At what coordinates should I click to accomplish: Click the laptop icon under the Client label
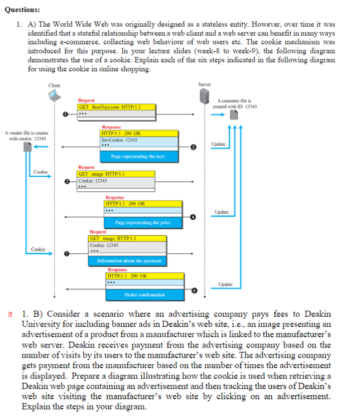54,96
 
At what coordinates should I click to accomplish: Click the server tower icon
204,96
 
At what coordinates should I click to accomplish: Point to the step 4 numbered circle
193,216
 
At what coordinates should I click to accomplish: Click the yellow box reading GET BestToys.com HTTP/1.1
116,107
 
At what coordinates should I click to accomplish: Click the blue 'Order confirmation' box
145,294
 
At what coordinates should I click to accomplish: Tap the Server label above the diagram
204,84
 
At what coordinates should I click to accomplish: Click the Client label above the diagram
54,85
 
